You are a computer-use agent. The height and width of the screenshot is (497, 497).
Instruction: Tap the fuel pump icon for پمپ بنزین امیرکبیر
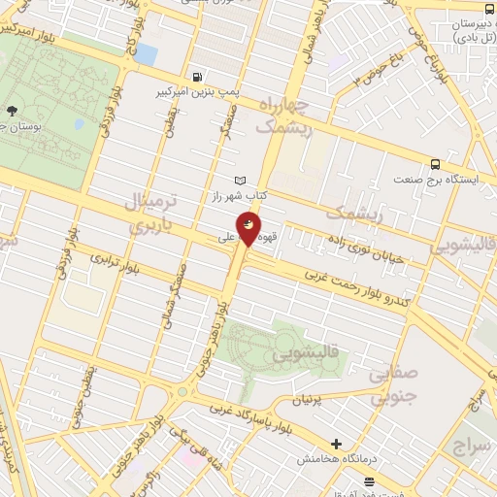click(x=199, y=77)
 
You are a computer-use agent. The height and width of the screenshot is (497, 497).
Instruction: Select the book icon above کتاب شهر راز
click(x=241, y=181)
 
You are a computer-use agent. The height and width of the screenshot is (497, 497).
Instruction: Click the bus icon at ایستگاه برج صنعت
click(x=435, y=163)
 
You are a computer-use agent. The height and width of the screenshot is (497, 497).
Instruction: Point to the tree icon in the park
click(x=12, y=111)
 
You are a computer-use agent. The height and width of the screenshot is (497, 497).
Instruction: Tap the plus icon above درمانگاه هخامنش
click(x=336, y=443)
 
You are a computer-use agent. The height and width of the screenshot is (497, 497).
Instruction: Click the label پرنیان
click(x=330, y=400)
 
